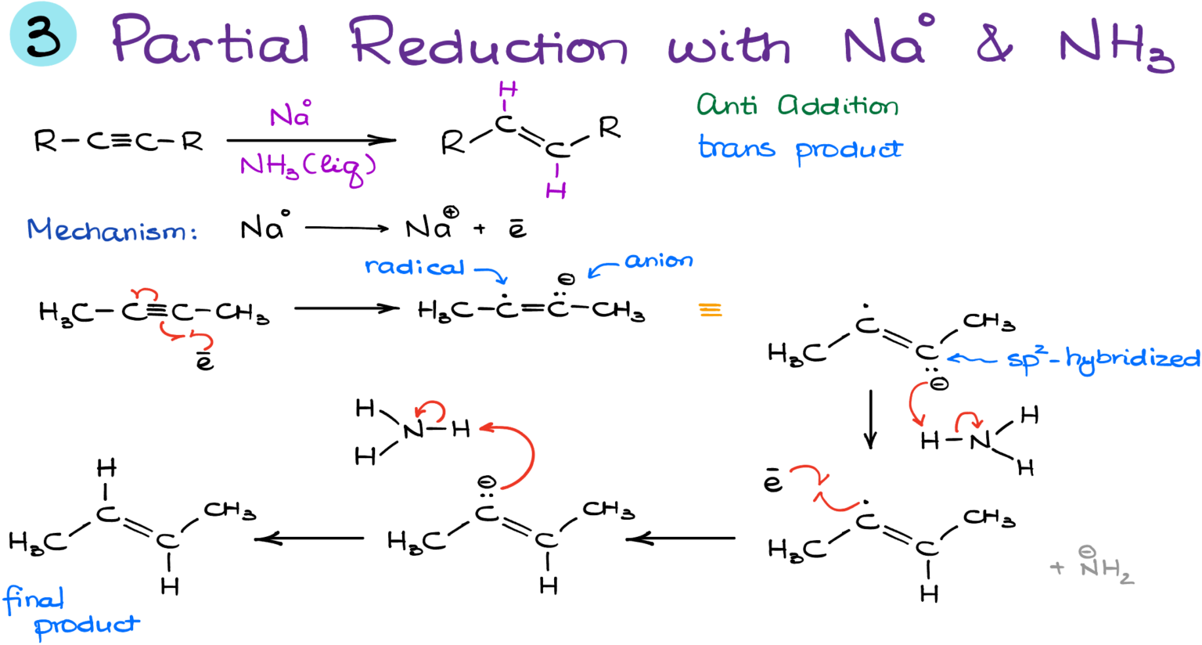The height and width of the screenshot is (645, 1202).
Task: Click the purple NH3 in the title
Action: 1115,47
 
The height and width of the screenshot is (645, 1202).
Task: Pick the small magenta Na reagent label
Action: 290,116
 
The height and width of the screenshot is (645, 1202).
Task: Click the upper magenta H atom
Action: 508,89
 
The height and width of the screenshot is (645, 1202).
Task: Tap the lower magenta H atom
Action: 556,190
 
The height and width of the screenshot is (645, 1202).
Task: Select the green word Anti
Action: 727,105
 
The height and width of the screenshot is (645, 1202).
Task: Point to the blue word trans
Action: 736,147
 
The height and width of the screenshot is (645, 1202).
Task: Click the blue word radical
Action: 415,267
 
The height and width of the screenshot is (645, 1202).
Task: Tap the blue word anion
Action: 658,260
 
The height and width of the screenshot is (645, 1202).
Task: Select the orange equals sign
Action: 711,311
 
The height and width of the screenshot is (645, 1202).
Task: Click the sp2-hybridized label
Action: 1103,359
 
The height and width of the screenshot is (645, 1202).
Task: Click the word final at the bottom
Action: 34,600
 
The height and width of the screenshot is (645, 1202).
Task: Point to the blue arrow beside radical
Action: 491,274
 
